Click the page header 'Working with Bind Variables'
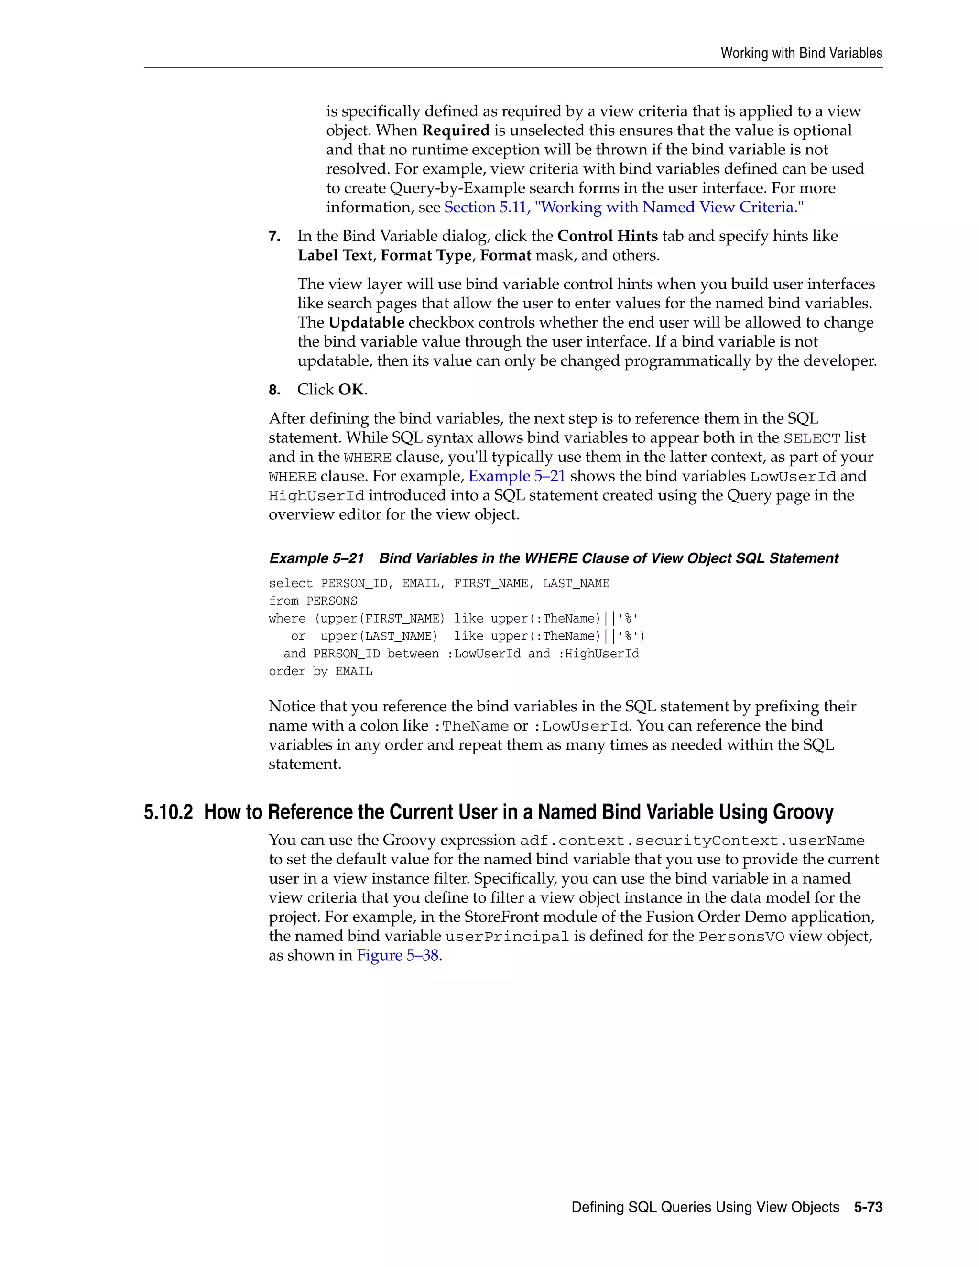pyautogui.click(x=801, y=54)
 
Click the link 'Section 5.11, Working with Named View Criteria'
pyautogui.click(x=623, y=207)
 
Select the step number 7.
pyautogui.click(x=274, y=237)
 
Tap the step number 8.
pyautogui.click(x=274, y=390)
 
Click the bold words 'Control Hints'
pyautogui.click(x=607, y=236)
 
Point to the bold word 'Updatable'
pyautogui.click(x=366, y=323)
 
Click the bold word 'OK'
pyautogui.click(x=351, y=389)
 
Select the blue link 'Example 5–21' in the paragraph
pyautogui.click(x=517, y=476)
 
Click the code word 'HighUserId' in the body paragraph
pyautogui.click(x=316, y=496)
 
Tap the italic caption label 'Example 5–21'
pyautogui.click(x=316, y=558)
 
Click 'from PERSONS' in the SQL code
pyautogui.click(x=313, y=601)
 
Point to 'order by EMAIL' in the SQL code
pyautogui.click(x=320, y=671)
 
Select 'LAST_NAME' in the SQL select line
pyautogui.click(x=576, y=584)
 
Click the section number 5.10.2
pyautogui.click(x=168, y=812)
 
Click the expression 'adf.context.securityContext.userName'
pyautogui.click(x=692, y=841)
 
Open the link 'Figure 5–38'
pyautogui.click(x=398, y=955)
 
